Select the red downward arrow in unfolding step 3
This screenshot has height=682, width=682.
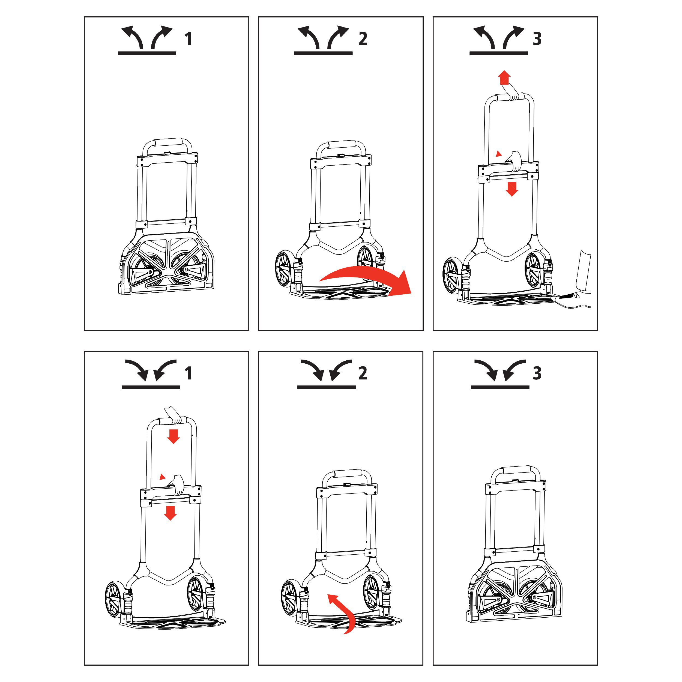click(x=511, y=189)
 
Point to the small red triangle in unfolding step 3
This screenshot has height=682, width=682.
click(x=498, y=154)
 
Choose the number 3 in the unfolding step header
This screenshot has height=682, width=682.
click(x=537, y=38)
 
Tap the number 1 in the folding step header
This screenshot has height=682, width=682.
click(x=189, y=373)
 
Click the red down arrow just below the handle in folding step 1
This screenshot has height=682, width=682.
click(x=173, y=436)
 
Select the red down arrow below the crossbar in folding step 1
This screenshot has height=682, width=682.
click(x=170, y=513)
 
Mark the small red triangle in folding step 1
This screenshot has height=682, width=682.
click(x=162, y=477)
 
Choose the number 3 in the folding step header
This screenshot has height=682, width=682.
click(x=537, y=373)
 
